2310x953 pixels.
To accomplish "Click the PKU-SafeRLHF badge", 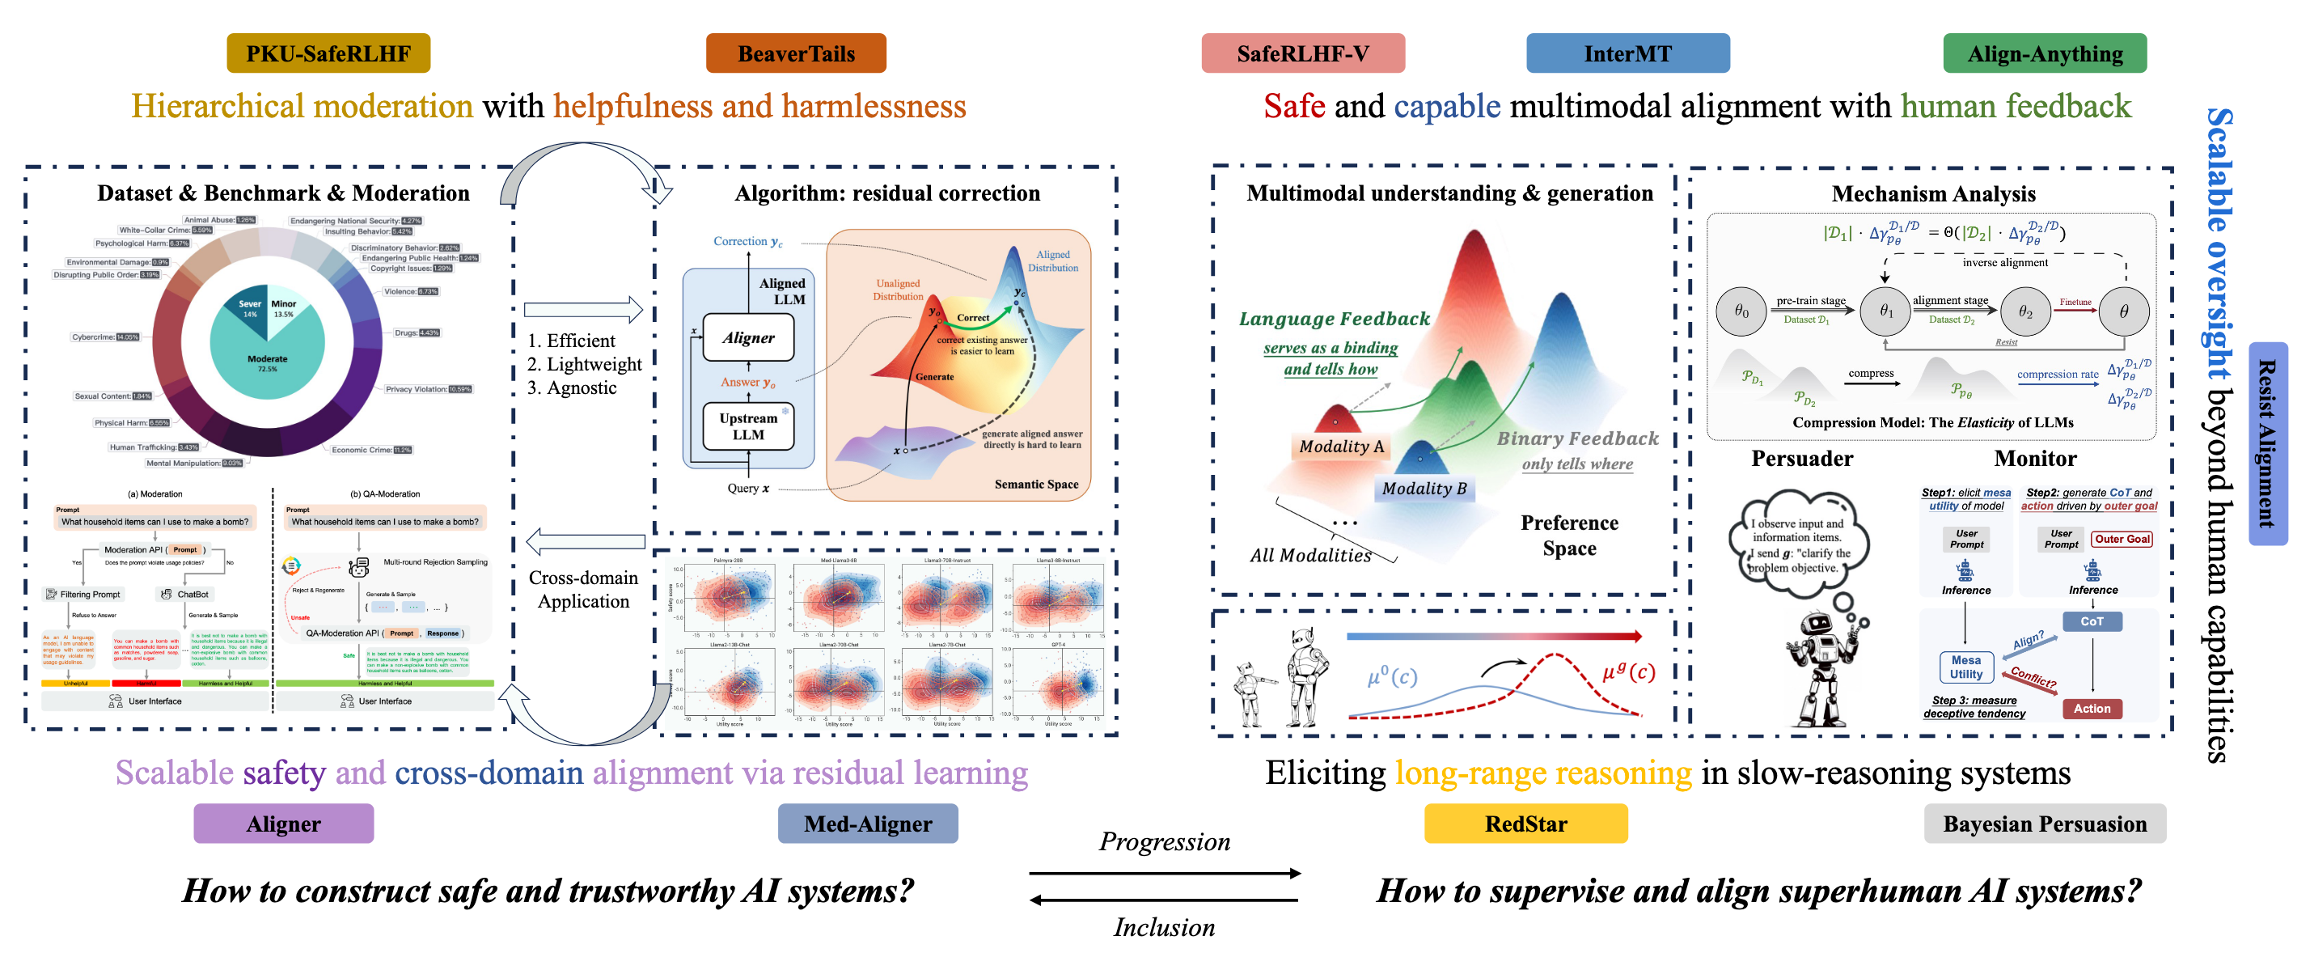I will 328,53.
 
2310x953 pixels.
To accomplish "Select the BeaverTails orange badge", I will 795,53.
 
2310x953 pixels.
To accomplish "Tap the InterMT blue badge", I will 1627,53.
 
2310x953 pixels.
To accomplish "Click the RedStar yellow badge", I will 1525,823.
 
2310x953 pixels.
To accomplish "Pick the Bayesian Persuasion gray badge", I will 2044,823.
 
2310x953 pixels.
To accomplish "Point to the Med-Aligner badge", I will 867,823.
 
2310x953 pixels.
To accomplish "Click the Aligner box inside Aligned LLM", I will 748,338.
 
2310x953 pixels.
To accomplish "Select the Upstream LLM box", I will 748,426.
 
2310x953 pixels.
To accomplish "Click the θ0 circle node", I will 1741,311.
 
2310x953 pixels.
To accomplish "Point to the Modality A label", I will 1342,447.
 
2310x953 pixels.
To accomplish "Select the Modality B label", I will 1424,489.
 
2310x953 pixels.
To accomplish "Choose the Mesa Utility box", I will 1965,667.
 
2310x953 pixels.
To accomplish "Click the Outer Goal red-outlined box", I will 2122,539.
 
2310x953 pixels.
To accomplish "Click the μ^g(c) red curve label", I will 1627,672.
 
